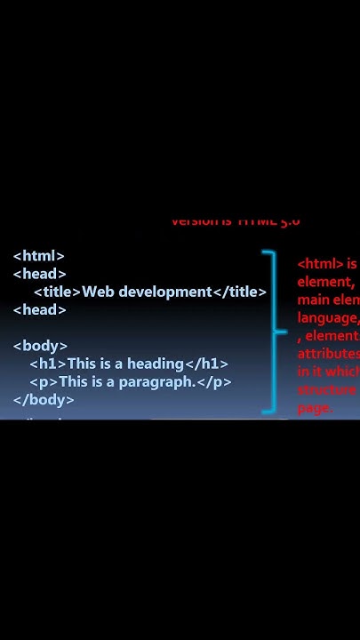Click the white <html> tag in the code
(x=38, y=256)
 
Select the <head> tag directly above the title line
(x=39, y=274)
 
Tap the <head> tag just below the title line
(x=39, y=309)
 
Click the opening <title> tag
(x=57, y=292)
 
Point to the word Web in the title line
(x=98, y=292)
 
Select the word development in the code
(x=164, y=292)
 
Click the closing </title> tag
(x=239, y=292)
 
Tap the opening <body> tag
(x=40, y=345)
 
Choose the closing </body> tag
(x=44, y=399)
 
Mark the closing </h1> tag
(x=205, y=364)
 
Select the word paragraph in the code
(x=156, y=381)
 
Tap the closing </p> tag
(x=214, y=381)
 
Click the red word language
(x=327, y=318)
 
